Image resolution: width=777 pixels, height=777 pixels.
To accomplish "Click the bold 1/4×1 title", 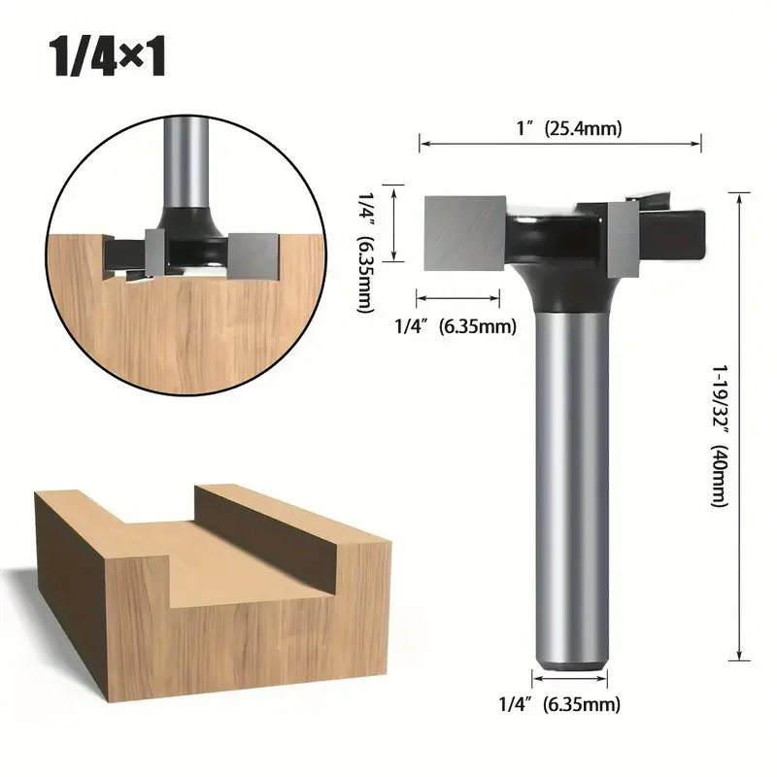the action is click(x=108, y=57).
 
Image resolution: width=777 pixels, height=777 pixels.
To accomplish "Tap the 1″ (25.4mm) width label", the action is click(x=569, y=128).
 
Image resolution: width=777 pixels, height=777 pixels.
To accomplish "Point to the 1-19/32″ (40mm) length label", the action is click(x=719, y=436).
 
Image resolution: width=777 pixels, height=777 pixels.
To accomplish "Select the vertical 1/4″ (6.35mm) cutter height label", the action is click(x=366, y=253).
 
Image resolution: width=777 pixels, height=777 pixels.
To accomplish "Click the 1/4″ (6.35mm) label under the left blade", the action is click(x=456, y=326).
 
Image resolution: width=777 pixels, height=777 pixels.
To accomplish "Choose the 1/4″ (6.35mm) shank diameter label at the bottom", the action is click(x=559, y=704).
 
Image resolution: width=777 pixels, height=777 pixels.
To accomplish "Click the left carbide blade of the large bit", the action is click(x=465, y=233).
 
